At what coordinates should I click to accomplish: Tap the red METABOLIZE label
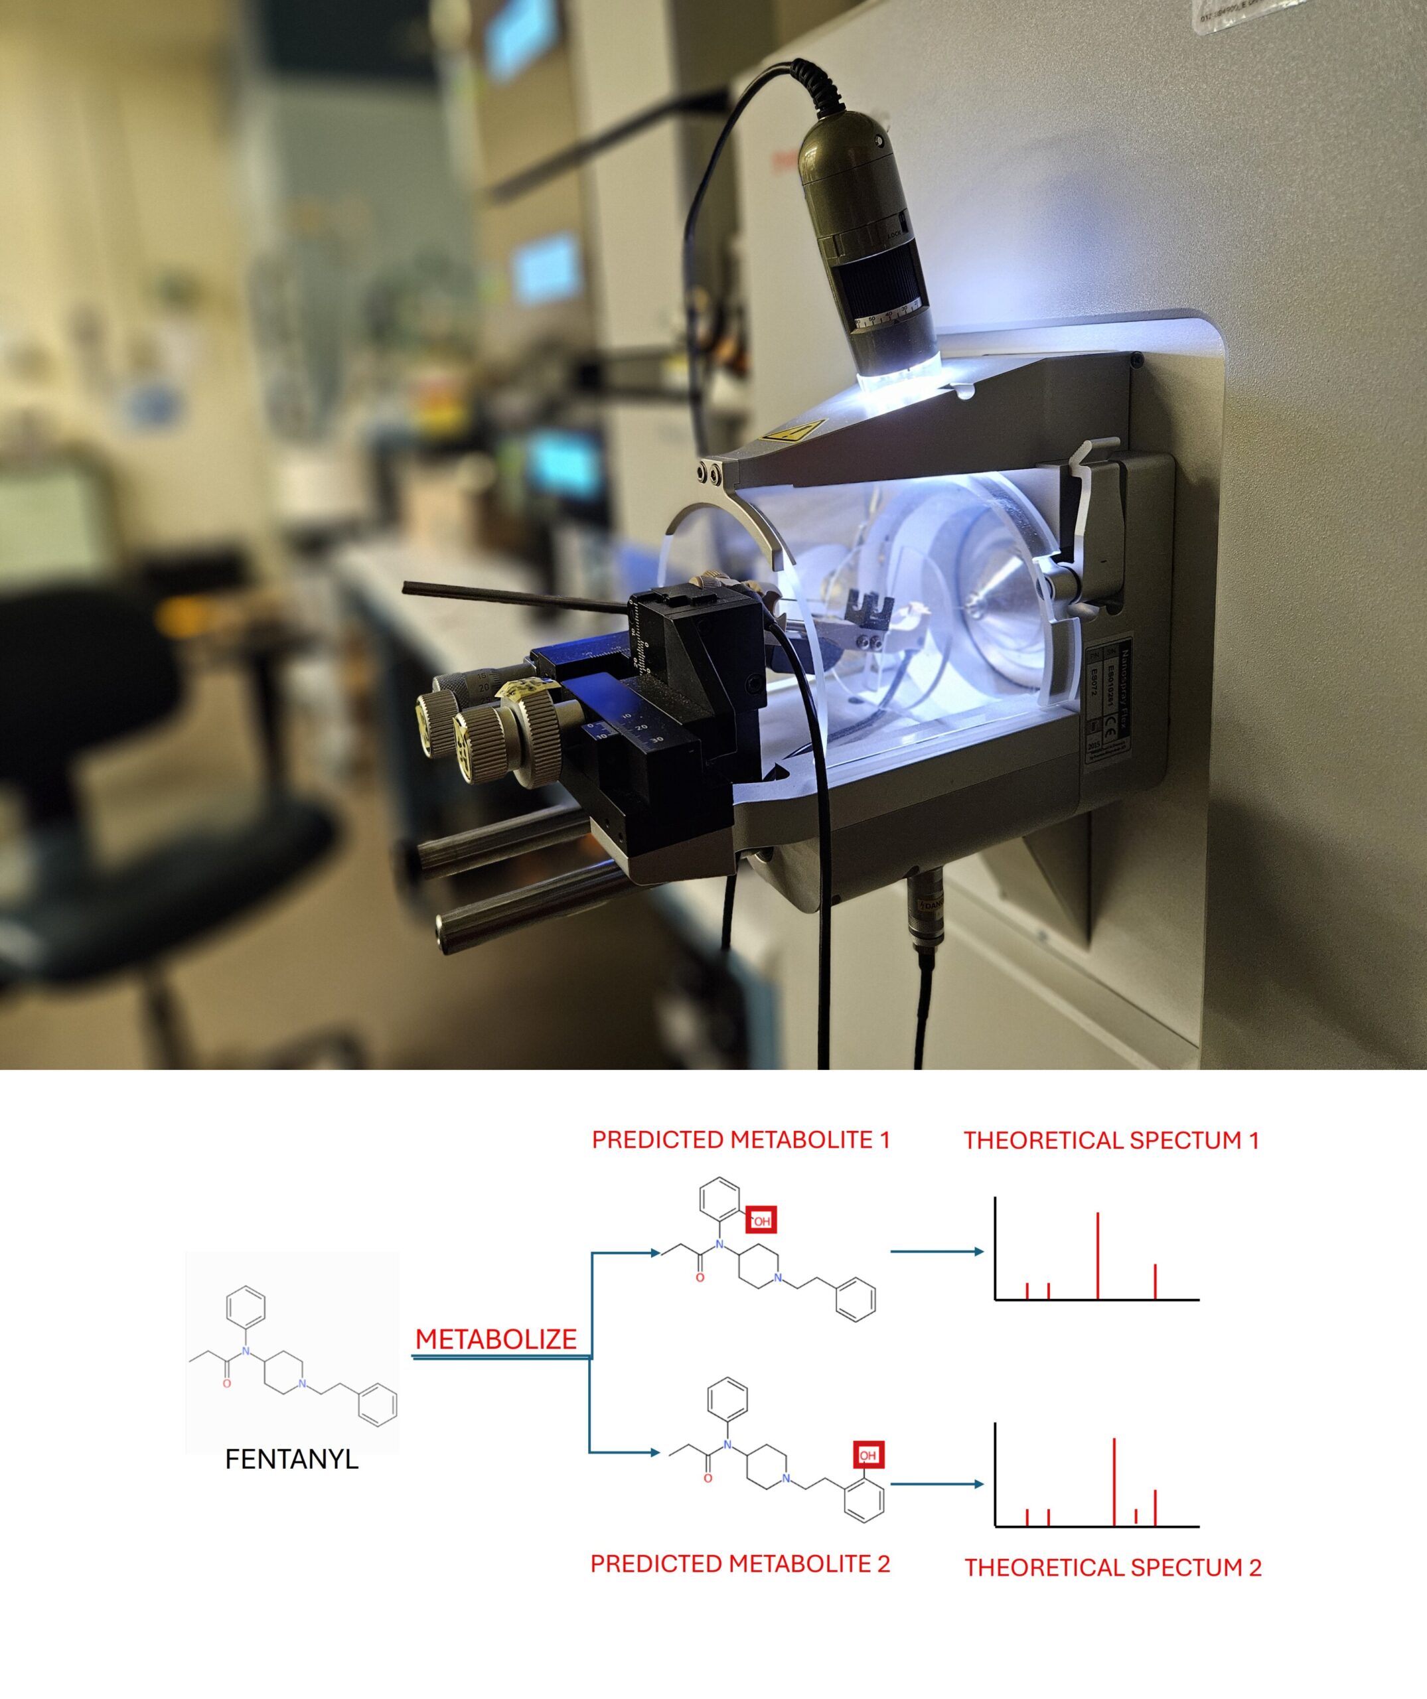click(496, 1339)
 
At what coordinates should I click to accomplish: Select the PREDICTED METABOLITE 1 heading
click(740, 1140)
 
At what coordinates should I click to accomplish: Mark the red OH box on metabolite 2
click(868, 1455)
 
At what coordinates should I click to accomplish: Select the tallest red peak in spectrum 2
click(1115, 1481)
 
